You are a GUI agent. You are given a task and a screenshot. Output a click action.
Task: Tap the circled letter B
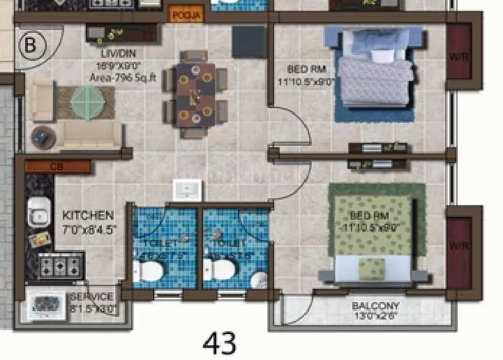30,45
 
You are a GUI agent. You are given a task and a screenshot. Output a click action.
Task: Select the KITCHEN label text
88,216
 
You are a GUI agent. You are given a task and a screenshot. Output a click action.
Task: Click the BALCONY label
375,306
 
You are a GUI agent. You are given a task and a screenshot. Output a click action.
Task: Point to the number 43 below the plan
220,343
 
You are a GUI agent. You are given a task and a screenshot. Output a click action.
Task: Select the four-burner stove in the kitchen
61,265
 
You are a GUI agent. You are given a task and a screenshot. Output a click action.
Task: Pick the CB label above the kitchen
57,167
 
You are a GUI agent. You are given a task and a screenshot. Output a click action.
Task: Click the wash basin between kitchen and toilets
186,190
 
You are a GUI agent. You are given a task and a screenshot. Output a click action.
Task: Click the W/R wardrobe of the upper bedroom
459,55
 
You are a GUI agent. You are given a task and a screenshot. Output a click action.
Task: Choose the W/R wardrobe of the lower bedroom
459,246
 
